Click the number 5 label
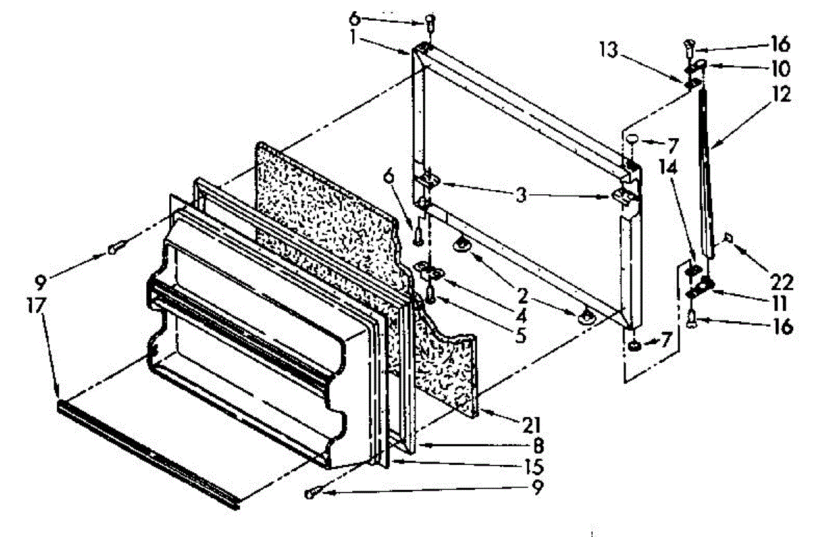(519, 339)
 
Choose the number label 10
(779, 69)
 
